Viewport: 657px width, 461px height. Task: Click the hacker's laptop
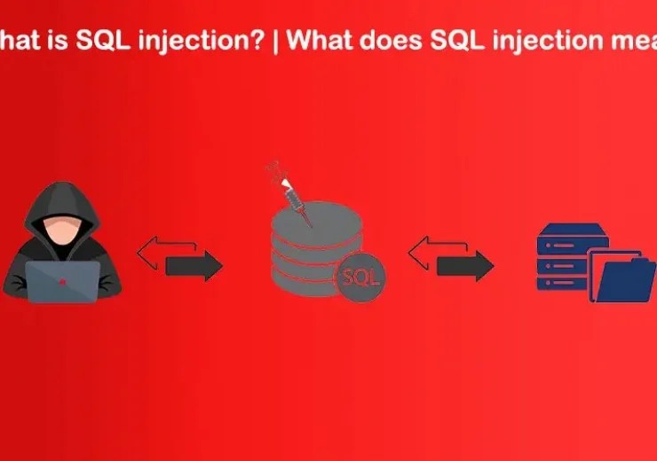(x=60, y=281)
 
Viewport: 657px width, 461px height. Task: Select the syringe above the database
(x=291, y=195)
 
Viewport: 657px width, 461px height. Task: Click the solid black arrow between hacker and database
(x=194, y=265)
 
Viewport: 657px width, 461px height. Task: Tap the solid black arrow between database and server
(x=465, y=265)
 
